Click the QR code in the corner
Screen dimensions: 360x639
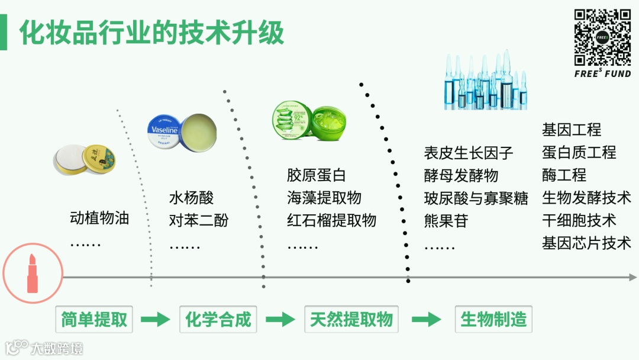click(602, 37)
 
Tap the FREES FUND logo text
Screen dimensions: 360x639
click(602, 74)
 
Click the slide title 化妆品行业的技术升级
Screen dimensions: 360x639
click(151, 33)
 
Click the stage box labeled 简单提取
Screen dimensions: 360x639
click(95, 320)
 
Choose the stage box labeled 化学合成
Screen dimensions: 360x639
click(218, 320)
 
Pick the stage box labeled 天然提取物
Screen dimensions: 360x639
click(351, 320)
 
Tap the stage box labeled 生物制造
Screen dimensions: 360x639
click(493, 320)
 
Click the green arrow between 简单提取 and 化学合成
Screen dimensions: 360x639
click(156, 320)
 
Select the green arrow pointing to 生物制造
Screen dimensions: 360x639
click(427, 320)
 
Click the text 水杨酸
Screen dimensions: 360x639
click(191, 198)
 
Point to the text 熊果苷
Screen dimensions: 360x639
click(446, 221)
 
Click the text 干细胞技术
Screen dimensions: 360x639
click(579, 220)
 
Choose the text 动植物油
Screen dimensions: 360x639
click(99, 218)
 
